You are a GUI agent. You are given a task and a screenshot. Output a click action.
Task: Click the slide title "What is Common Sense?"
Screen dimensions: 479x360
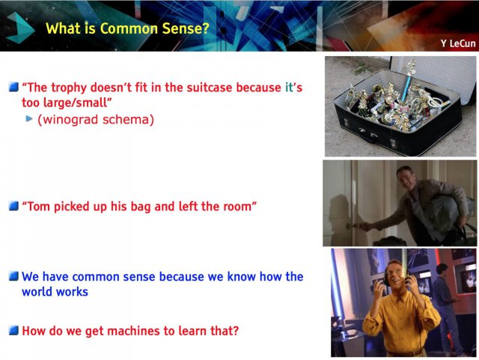coord(127,28)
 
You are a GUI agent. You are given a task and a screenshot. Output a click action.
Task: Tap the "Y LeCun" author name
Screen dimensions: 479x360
coord(458,43)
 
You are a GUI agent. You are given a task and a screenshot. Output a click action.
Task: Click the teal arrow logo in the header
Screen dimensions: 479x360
coord(20,28)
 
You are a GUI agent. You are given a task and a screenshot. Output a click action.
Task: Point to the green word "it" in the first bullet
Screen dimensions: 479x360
coord(289,88)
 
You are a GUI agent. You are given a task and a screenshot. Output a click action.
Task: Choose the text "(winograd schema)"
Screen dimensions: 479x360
coord(96,120)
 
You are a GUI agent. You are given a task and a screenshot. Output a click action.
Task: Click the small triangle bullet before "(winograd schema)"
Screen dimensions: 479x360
coord(29,118)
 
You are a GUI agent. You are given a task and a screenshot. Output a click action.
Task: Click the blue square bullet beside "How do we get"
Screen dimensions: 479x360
coord(13,330)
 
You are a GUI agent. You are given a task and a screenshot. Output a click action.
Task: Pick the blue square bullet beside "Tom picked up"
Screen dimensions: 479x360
coord(13,206)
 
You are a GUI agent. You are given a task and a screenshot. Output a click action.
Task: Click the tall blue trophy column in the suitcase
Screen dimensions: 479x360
coord(406,88)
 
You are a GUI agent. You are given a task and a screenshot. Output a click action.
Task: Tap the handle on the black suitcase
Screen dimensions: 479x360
coord(367,134)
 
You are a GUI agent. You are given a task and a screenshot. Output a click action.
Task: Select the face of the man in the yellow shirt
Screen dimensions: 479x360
coord(396,274)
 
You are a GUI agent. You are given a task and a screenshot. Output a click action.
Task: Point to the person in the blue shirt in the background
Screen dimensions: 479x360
coord(447,302)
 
